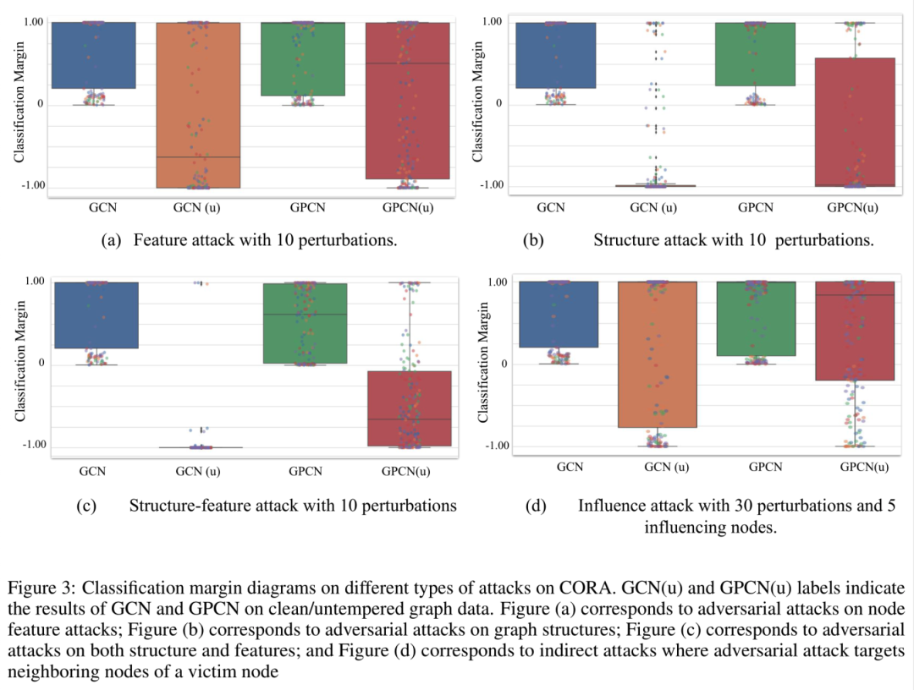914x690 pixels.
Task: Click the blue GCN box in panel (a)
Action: pos(94,55)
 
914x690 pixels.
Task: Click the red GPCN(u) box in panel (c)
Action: pos(409,408)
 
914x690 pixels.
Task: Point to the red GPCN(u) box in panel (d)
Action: pos(854,331)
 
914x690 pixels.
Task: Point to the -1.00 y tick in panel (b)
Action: pos(493,185)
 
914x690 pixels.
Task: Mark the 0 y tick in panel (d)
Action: pos(504,364)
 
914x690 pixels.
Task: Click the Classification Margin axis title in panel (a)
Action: pos(19,106)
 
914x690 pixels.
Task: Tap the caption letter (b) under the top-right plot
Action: pos(533,240)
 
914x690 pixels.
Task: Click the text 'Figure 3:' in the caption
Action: pos(35,588)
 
